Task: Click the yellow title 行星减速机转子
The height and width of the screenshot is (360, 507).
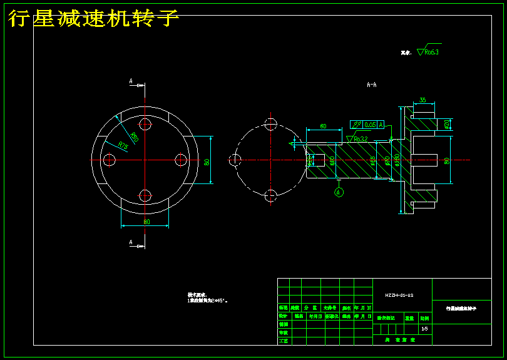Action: pos(94,19)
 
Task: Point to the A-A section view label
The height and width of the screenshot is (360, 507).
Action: pos(372,84)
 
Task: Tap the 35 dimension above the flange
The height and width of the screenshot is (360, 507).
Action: pos(422,100)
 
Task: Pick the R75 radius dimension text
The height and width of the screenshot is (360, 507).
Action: pos(123,146)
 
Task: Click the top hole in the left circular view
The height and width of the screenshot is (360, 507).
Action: pos(145,124)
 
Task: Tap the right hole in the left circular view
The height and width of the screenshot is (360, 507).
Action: pos(181,160)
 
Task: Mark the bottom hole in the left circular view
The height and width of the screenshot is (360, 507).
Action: pos(145,195)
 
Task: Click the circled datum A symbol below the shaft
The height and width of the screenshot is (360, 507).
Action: pos(339,192)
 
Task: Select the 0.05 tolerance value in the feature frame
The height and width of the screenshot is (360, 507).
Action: pos(370,125)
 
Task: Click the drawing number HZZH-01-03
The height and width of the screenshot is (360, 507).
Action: pos(399,294)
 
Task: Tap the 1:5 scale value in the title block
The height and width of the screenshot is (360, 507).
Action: pos(424,328)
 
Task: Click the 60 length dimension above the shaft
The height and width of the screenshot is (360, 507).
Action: pos(323,126)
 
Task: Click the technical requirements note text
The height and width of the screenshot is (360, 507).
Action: pos(207,298)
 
